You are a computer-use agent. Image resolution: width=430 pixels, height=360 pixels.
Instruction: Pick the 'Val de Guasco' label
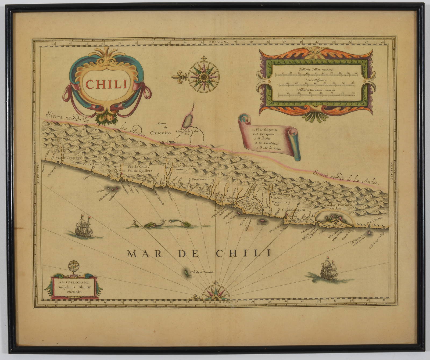point(93,163)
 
